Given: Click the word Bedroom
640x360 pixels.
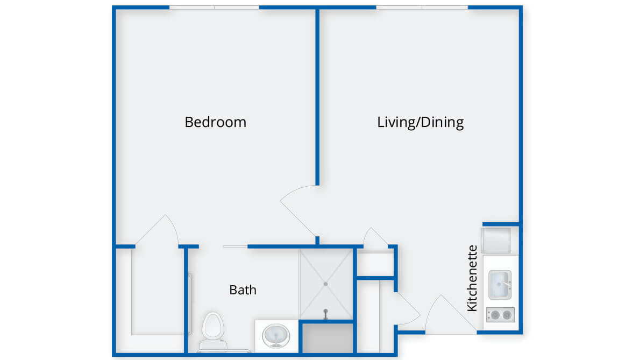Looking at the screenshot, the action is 216,122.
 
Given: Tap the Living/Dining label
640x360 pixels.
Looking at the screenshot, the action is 421,122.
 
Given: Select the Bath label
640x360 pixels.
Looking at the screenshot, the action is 243,290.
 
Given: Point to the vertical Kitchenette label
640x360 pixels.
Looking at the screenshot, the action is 472,278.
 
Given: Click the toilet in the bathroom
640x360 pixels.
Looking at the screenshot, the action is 213,331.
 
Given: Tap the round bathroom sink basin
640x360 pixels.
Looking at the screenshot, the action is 276,336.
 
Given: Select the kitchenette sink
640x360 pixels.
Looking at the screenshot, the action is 500,285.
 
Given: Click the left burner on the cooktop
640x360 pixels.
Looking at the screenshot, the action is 495,315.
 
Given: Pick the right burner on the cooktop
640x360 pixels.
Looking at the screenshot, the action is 507,315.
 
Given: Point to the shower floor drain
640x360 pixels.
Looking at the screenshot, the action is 325,284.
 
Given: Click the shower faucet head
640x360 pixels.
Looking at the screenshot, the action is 325,314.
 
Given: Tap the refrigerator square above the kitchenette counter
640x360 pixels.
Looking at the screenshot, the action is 496,241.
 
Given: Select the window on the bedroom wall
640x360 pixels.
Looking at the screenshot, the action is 214,8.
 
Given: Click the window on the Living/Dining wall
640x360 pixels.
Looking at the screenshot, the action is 422,8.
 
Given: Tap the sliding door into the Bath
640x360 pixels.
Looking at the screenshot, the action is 235,246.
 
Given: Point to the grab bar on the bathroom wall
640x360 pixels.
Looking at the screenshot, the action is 190,304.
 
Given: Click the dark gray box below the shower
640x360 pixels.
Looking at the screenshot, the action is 328,338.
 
